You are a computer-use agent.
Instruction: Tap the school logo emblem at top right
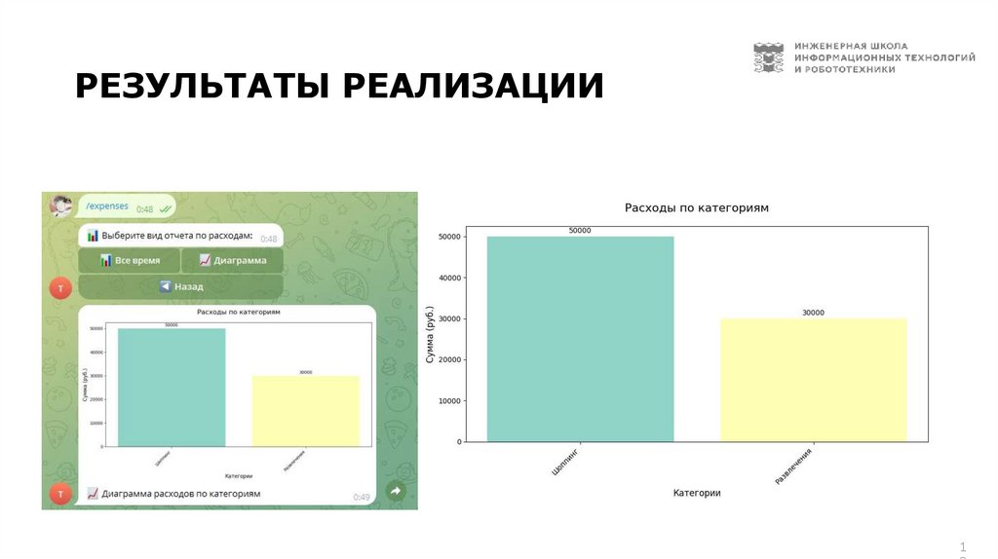[x=768, y=57]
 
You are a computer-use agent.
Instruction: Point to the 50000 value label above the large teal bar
[x=580, y=231]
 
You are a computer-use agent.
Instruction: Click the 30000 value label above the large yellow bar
[x=813, y=313]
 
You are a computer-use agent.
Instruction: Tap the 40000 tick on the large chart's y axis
[x=448, y=278]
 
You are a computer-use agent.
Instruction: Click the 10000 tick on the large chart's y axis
[x=448, y=401]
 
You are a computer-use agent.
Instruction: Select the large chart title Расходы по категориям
[x=696, y=208]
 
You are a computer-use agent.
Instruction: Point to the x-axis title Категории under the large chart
[x=696, y=494]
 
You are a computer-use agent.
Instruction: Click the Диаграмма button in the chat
[x=232, y=261]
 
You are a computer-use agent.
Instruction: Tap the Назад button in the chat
[x=181, y=287]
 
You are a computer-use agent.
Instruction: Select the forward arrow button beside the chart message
[x=396, y=492]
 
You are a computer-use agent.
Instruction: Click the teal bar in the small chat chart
[x=172, y=387]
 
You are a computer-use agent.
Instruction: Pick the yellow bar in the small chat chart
[x=306, y=410]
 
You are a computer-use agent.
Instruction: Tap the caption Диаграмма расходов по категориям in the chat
[x=181, y=494]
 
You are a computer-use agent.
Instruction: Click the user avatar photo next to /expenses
[x=61, y=205]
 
